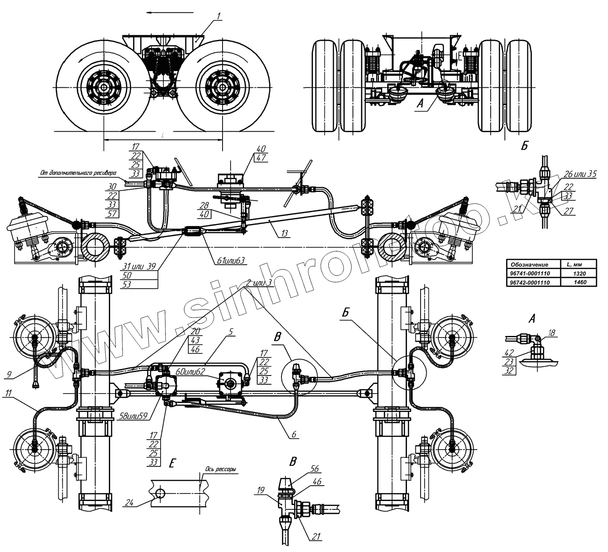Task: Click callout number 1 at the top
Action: click(219, 16)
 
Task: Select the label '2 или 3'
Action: click(259, 283)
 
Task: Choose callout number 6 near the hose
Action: click(295, 434)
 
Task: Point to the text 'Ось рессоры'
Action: click(220, 469)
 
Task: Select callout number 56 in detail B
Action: click(315, 469)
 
